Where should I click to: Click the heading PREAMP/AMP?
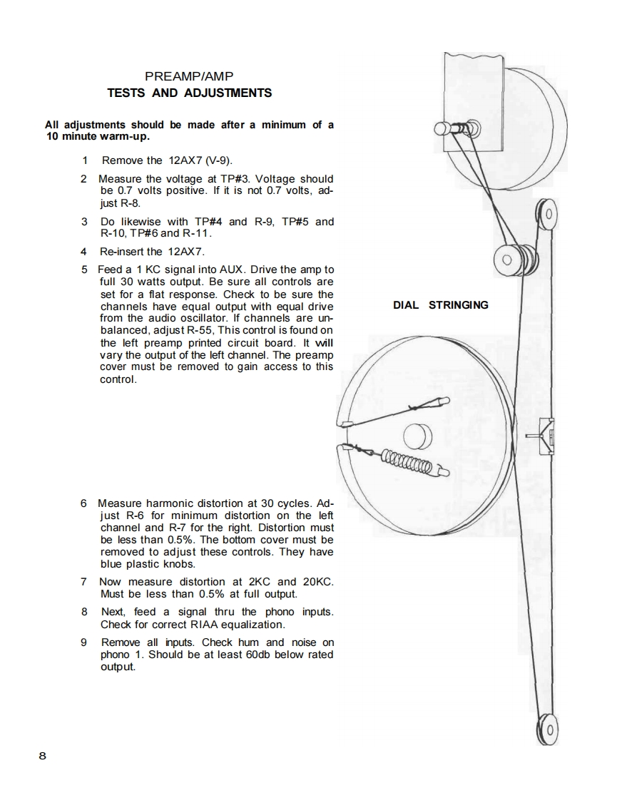[189, 76]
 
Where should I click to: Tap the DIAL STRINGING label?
[441, 305]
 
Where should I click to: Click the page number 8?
[43, 756]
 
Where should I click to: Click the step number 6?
[84, 503]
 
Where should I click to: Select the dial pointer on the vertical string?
[544, 435]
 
